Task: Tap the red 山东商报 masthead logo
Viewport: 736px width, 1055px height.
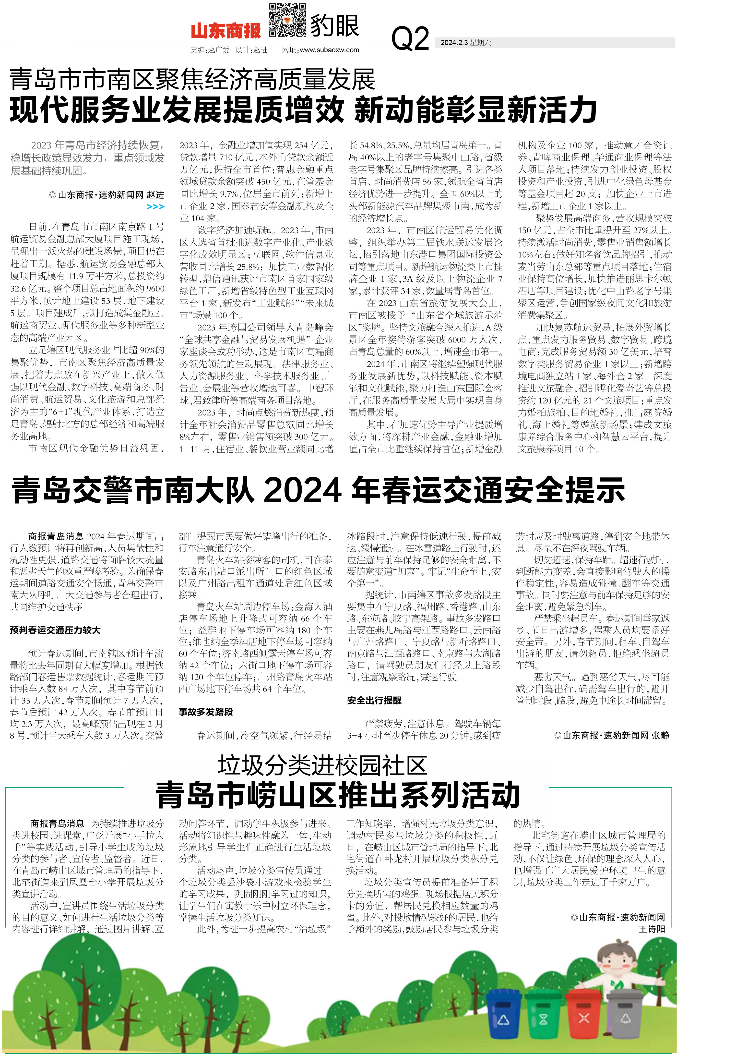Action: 226,31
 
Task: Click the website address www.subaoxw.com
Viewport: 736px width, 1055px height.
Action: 329,50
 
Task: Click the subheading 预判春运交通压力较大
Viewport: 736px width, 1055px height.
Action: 55,630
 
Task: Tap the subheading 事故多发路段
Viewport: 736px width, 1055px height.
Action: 206,712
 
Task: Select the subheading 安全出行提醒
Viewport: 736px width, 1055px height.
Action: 374,700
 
